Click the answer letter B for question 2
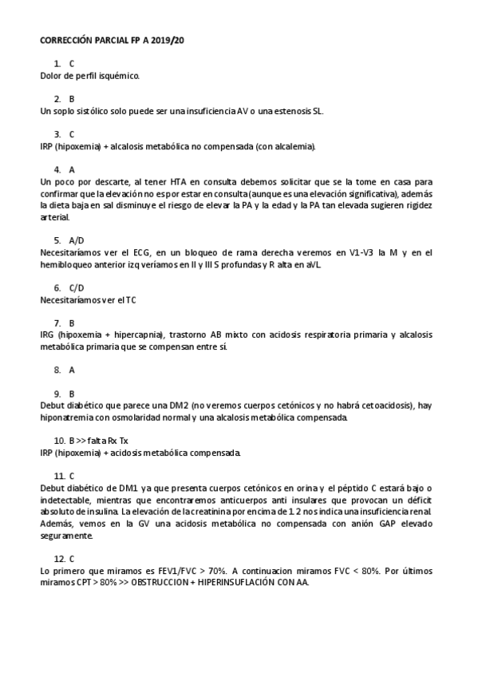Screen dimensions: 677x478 [x=72, y=99]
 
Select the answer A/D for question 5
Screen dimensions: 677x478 [x=77, y=240]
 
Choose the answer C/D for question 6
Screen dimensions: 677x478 [x=77, y=287]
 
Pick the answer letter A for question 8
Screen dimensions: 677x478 [x=72, y=370]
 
